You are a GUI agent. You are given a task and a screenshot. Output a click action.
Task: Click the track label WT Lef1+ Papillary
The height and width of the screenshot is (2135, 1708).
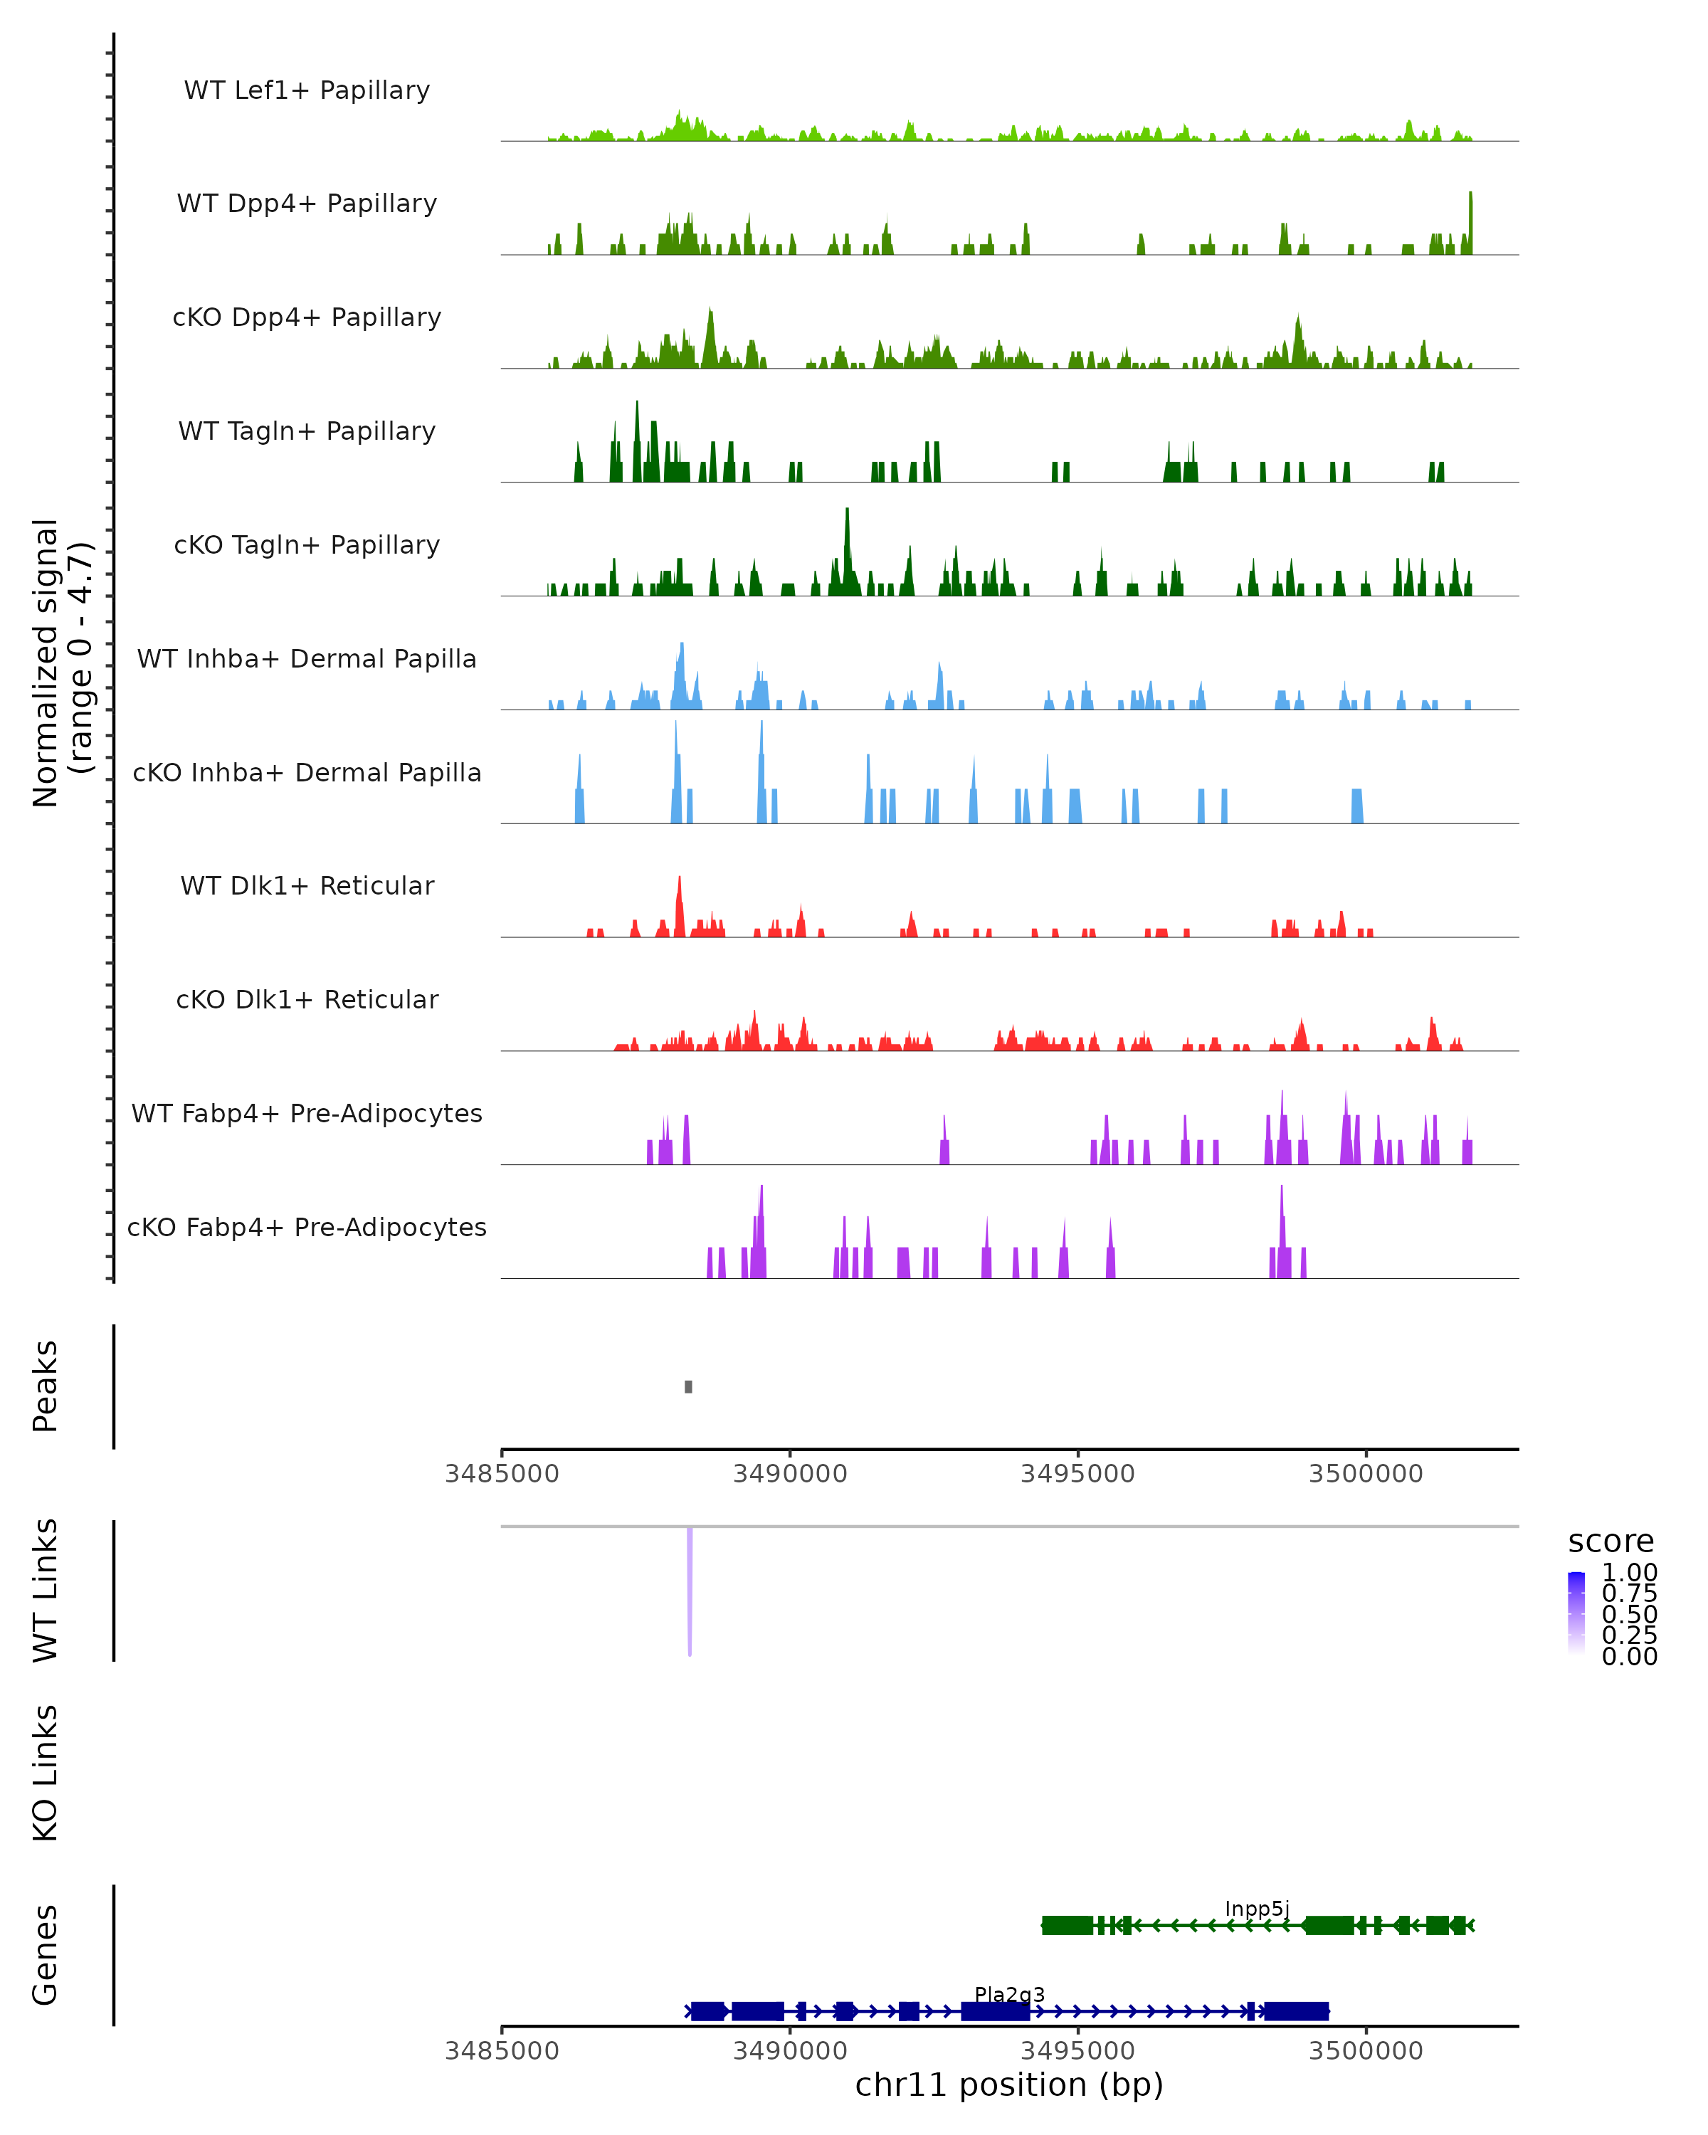pos(307,90)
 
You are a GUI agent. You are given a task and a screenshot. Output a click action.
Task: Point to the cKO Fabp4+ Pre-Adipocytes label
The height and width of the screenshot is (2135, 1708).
pos(307,1227)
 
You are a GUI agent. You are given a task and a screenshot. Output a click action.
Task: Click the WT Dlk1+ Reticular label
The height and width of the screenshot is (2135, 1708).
pos(307,885)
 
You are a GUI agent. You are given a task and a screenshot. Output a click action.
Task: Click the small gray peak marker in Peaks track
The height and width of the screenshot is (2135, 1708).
pos(688,1386)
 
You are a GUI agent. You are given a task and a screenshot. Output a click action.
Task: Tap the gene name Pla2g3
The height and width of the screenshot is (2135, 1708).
pos(1009,1994)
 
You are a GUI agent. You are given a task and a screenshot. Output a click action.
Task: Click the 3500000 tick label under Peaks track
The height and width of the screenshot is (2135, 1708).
pos(1366,1474)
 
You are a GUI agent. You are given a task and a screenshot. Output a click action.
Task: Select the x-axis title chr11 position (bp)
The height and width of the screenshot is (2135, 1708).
pos(1009,2084)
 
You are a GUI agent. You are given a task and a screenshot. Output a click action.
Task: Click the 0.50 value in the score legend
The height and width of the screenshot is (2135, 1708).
pos(1629,1614)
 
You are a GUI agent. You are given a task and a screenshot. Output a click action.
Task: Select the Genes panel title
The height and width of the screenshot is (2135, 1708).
pos(46,1955)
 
